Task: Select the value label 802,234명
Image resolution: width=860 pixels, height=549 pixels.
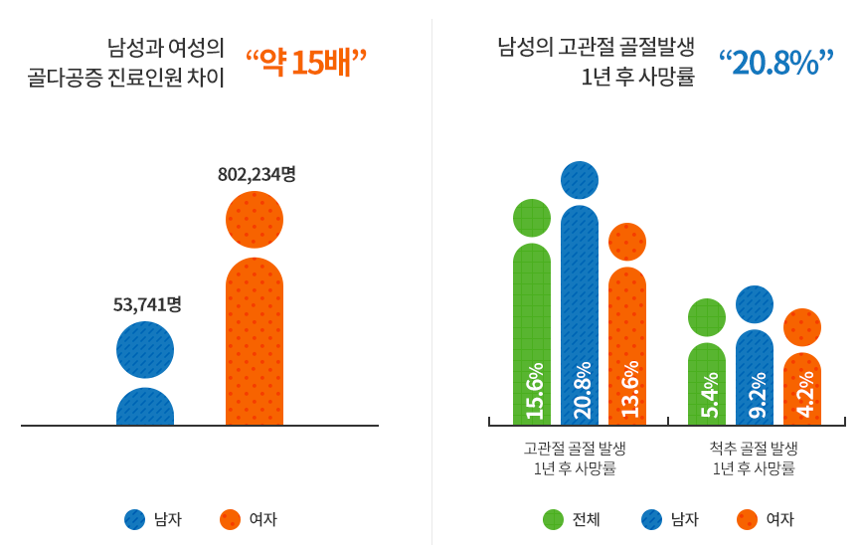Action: [257, 174]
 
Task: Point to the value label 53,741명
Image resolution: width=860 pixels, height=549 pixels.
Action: [146, 304]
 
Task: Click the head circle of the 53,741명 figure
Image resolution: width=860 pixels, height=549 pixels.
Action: [145, 350]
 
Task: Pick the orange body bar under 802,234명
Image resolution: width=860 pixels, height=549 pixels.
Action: [255, 343]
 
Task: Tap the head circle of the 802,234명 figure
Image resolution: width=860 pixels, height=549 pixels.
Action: [255, 219]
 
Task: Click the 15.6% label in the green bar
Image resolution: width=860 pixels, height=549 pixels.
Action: [533, 391]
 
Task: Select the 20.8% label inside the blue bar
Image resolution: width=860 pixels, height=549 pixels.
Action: [581, 390]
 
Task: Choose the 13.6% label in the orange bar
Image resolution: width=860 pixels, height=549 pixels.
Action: [628, 391]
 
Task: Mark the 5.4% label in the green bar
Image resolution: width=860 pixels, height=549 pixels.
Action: [708, 397]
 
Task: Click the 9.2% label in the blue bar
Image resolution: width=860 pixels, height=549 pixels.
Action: [756, 396]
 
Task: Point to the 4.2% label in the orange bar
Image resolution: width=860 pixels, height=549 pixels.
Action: [803, 396]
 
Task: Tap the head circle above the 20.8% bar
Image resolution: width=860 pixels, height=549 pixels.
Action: [580, 180]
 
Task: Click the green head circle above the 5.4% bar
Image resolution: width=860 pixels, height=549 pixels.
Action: [707, 317]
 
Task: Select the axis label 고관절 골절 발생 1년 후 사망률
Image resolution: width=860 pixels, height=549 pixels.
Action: [581, 458]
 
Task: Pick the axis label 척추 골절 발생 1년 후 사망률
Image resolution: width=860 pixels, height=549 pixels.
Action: [755, 458]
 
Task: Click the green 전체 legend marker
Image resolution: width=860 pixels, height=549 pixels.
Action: [554, 519]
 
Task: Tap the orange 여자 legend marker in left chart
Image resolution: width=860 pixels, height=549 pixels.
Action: [231, 519]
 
